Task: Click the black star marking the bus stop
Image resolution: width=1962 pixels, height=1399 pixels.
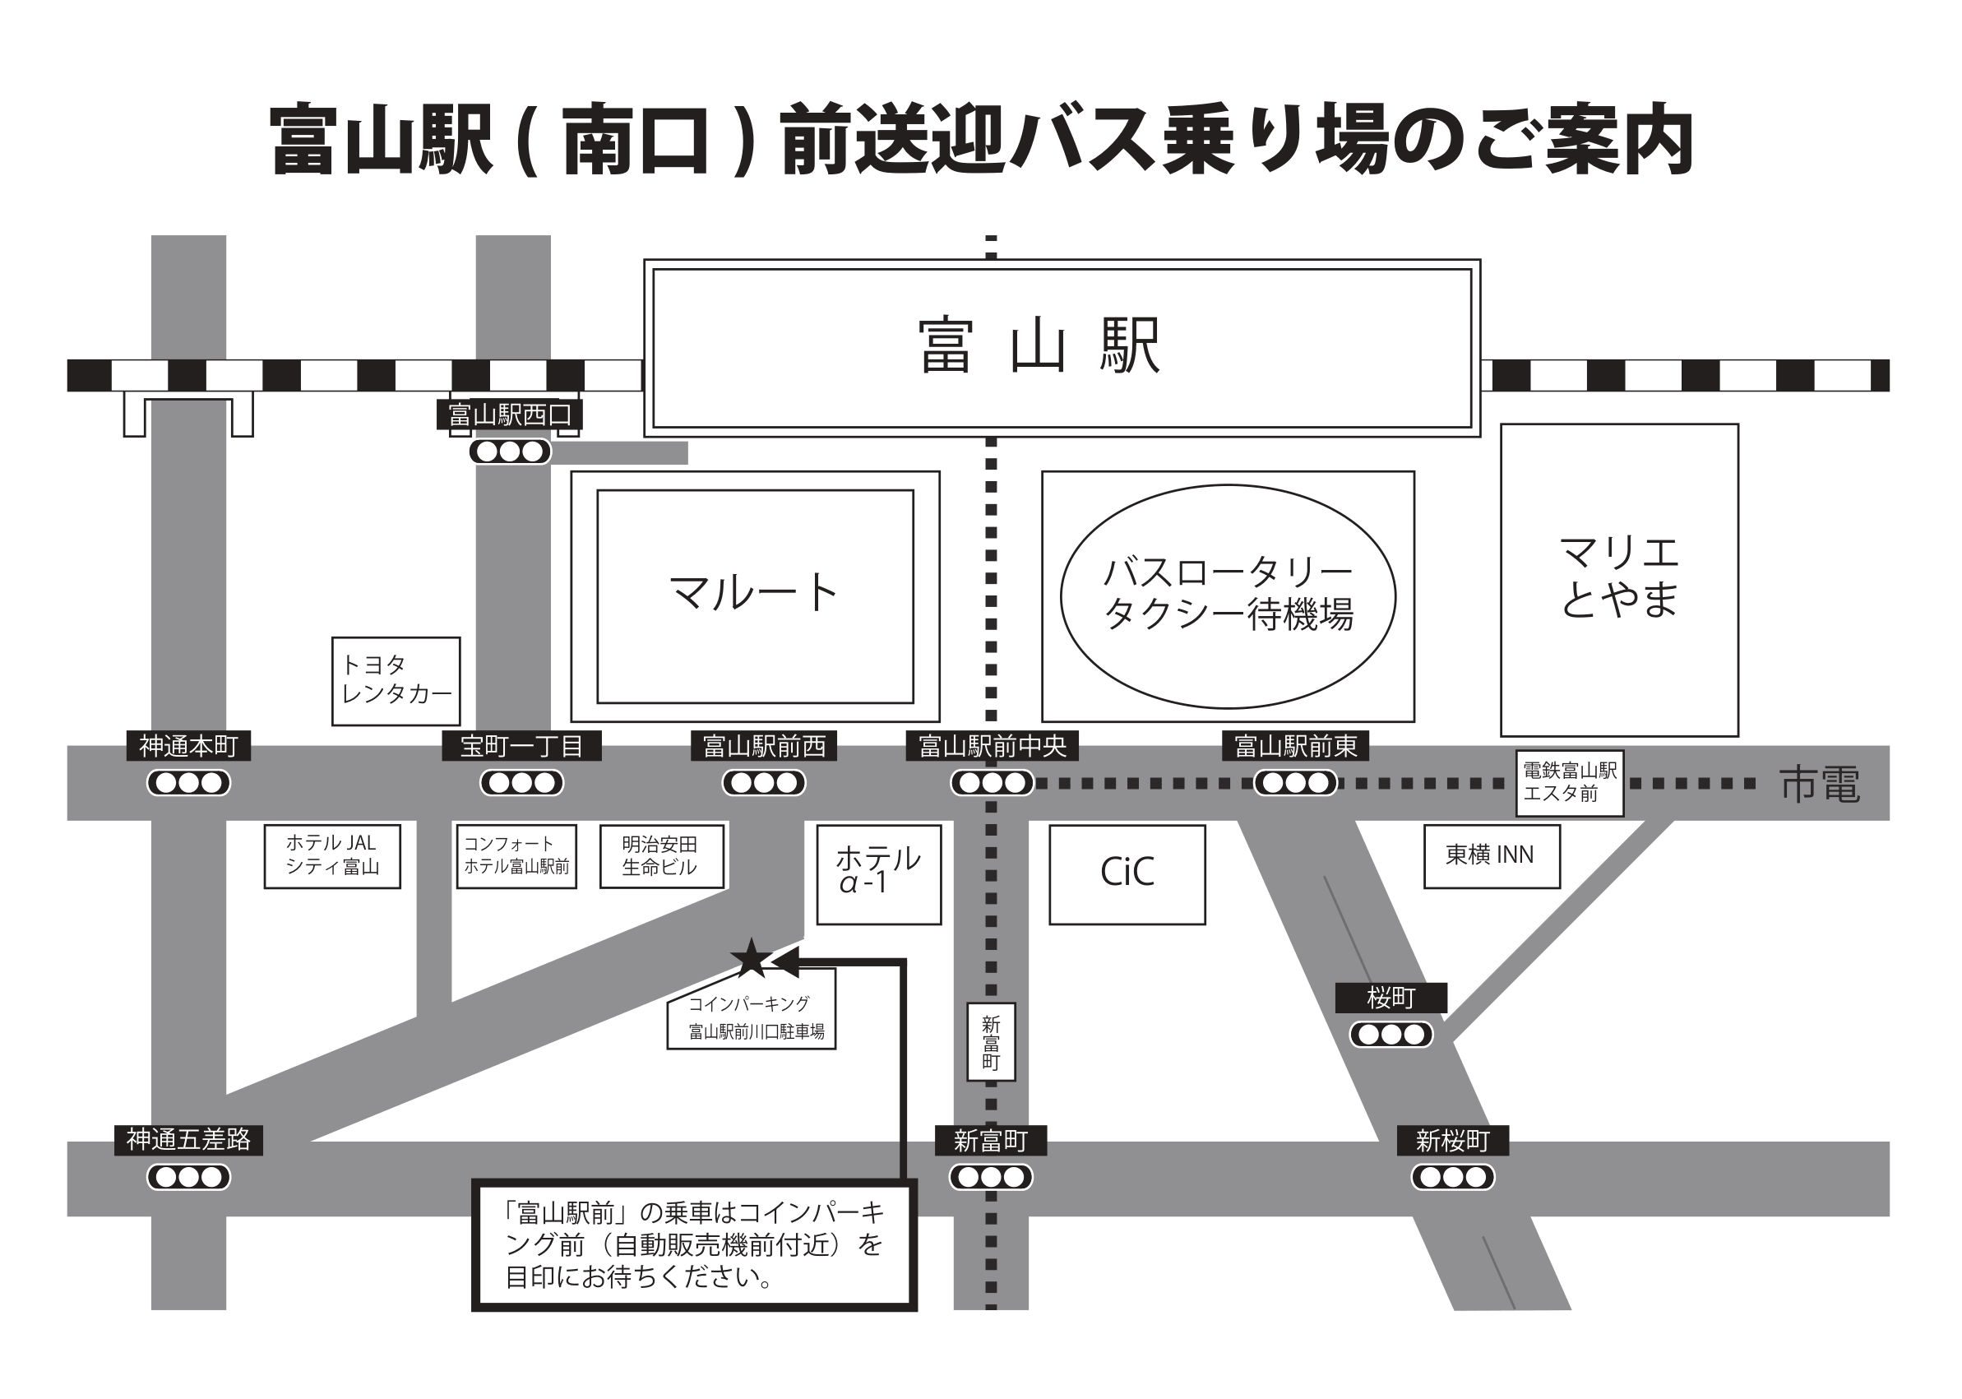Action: tap(750, 959)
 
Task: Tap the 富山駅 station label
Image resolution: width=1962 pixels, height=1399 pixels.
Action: tap(1039, 346)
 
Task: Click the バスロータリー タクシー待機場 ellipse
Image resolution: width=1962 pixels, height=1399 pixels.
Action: tap(1228, 595)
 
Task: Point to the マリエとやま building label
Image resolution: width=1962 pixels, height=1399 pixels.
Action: tap(1618, 577)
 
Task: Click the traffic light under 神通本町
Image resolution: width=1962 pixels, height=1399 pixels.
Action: tap(188, 783)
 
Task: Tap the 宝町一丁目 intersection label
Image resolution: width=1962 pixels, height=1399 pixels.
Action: tap(521, 746)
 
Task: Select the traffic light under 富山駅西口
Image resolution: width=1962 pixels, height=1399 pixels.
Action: tap(510, 452)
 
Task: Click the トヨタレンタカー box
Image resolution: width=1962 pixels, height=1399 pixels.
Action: tap(396, 680)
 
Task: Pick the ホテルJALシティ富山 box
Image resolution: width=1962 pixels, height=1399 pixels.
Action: tap(332, 855)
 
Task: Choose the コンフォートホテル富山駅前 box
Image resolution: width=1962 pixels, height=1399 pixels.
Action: tap(516, 855)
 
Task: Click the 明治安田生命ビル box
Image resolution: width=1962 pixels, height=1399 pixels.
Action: tap(660, 855)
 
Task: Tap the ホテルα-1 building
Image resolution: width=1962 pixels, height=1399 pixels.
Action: tap(878, 873)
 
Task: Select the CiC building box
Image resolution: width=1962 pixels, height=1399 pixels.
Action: tap(1127, 873)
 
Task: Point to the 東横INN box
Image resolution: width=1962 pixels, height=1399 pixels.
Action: tap(1491, 855)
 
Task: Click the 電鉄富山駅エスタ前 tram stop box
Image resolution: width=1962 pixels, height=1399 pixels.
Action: tap(1569, 782)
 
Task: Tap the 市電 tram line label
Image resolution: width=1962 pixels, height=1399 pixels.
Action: tap(1819, 785)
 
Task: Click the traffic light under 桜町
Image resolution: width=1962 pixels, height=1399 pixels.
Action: tap(1391, 1034)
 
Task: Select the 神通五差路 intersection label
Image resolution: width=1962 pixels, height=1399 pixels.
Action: tap(188, 1140)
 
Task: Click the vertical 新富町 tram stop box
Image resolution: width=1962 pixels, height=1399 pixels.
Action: tap(991, 1041)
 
